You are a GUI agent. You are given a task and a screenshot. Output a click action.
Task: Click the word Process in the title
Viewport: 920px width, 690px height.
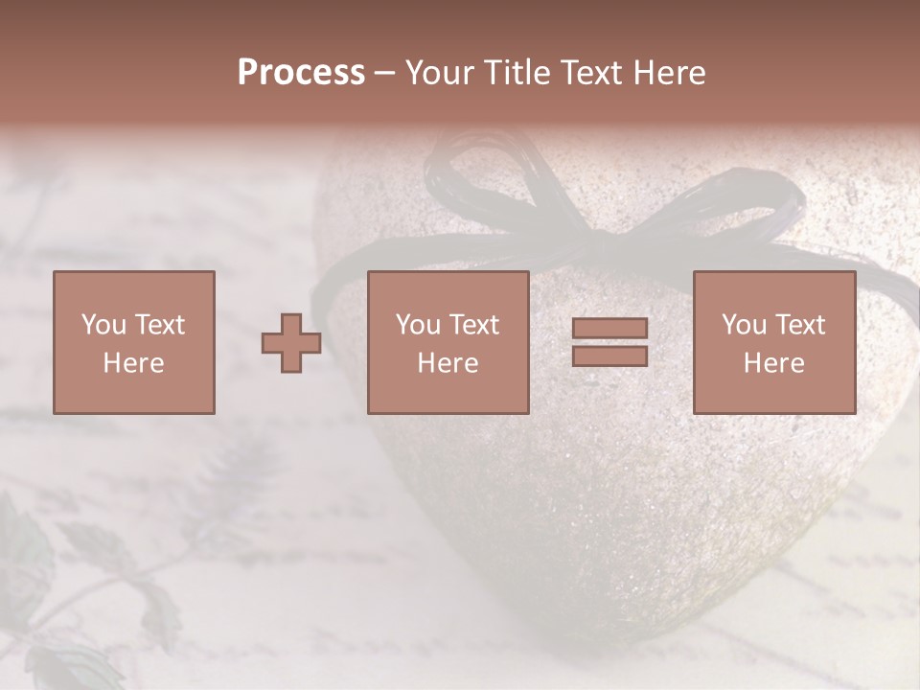pos(301,73)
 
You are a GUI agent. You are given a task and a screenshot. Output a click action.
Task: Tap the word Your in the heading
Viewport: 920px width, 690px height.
pos(440,73)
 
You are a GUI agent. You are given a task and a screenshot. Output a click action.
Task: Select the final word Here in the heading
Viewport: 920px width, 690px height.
pos(668,73)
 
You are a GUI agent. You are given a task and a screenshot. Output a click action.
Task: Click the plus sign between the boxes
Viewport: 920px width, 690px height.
pos(291,343)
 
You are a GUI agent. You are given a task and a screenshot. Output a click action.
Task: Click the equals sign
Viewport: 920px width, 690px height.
pos(609,342)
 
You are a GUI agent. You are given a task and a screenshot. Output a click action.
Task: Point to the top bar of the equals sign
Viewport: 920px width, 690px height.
pos(609,329)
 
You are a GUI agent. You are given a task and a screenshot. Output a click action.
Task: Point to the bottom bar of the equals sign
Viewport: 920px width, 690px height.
pos(609,356)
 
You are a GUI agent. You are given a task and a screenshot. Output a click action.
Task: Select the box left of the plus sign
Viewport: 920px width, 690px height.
pos(133,342)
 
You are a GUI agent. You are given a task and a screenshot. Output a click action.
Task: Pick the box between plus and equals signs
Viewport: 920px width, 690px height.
pos(448,342)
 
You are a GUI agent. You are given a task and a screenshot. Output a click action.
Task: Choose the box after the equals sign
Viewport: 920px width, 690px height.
pos(773,342)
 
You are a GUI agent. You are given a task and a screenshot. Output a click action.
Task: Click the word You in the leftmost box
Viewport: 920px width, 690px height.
pos(103,325)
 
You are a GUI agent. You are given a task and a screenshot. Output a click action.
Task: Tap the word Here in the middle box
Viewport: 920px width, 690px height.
pos(448,363)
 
